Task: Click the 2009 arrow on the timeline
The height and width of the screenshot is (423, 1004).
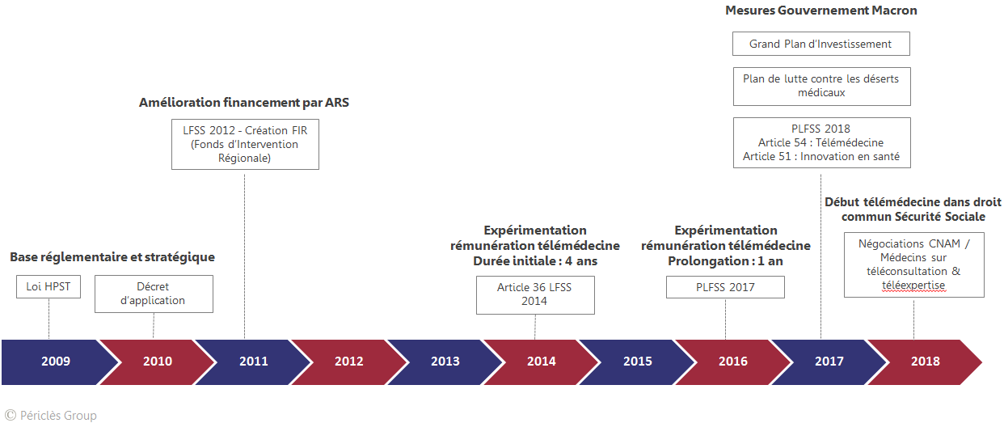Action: [56, 362]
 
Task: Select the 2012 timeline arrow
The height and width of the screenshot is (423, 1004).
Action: [348, 362]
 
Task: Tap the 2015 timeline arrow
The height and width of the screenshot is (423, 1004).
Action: [637, 362]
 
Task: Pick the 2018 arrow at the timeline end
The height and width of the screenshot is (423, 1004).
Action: [925, 362]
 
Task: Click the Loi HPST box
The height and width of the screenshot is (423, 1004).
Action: [49, 286]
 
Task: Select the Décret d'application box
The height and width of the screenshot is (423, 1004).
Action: [154, 294]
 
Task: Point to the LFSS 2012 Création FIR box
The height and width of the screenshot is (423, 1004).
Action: [245, 144]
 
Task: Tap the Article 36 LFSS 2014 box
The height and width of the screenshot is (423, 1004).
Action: [535, 294]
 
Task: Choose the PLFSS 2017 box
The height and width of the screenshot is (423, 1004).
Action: [725, 287]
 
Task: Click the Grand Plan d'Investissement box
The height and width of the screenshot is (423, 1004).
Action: [821, 44]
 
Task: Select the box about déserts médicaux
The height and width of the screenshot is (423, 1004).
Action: [821, 86]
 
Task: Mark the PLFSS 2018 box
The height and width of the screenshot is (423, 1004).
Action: [821, 142]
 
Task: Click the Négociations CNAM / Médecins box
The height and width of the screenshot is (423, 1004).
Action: [914, 264]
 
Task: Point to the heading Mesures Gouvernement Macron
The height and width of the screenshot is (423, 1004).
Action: [821, 11]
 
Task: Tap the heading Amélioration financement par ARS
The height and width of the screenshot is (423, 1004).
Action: [244, 103]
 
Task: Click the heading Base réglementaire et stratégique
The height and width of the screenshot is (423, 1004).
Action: [112, 257]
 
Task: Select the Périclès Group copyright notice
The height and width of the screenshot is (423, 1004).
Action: [51, 416]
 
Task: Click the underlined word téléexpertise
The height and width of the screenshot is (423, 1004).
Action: [913, 286]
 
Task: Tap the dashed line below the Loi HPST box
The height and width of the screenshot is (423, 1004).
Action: [49, 319]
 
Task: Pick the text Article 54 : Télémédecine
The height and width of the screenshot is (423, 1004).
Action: [820, 142]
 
